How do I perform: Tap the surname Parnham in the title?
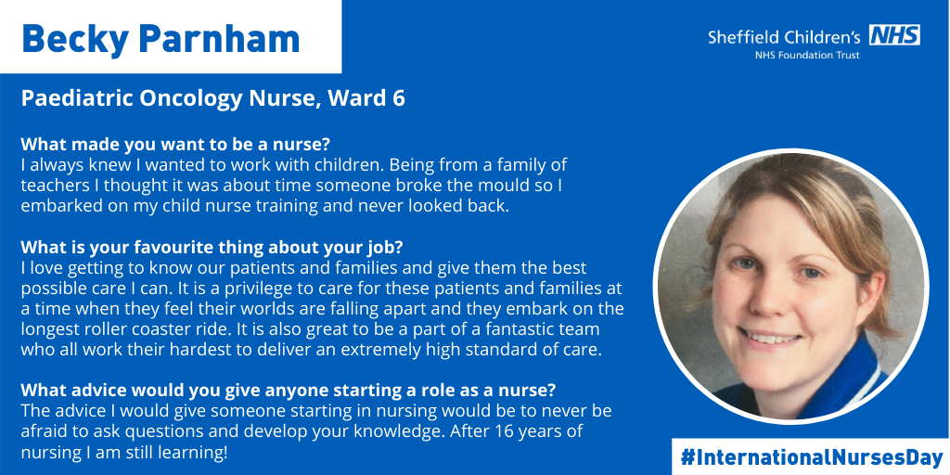click(x=219, y=38)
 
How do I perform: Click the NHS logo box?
click(x=894, y=35)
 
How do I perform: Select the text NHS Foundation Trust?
click(x=806, y=55)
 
